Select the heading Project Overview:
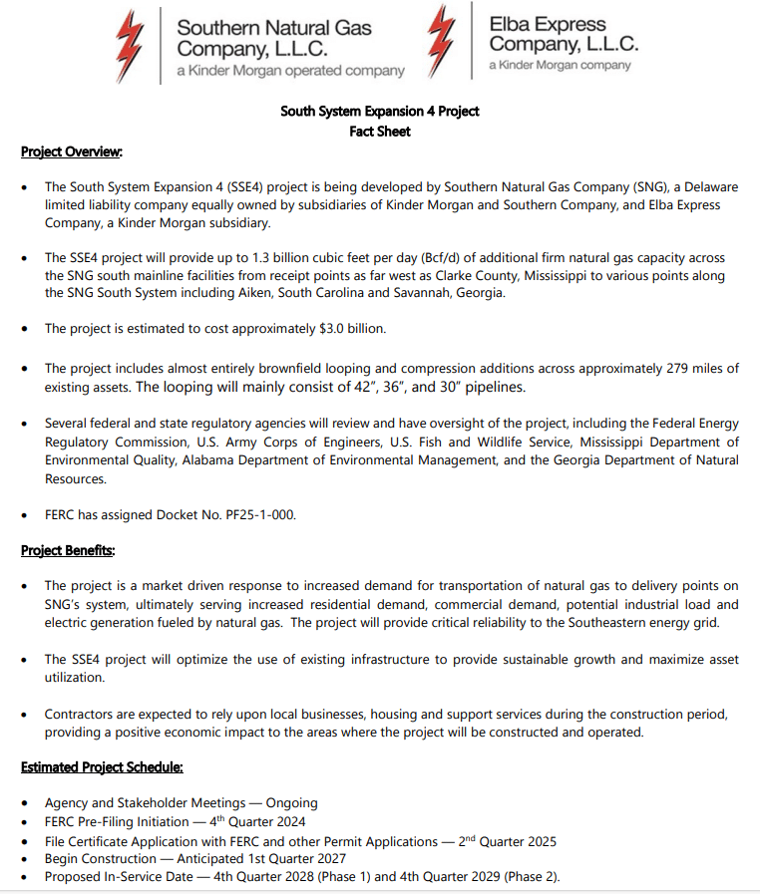[72, 151]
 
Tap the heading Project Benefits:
[68, 550]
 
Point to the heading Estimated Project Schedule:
[102, 767]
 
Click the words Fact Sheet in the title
[380, 131]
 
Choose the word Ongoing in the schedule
[291, 802]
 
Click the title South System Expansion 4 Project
[380, 111]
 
